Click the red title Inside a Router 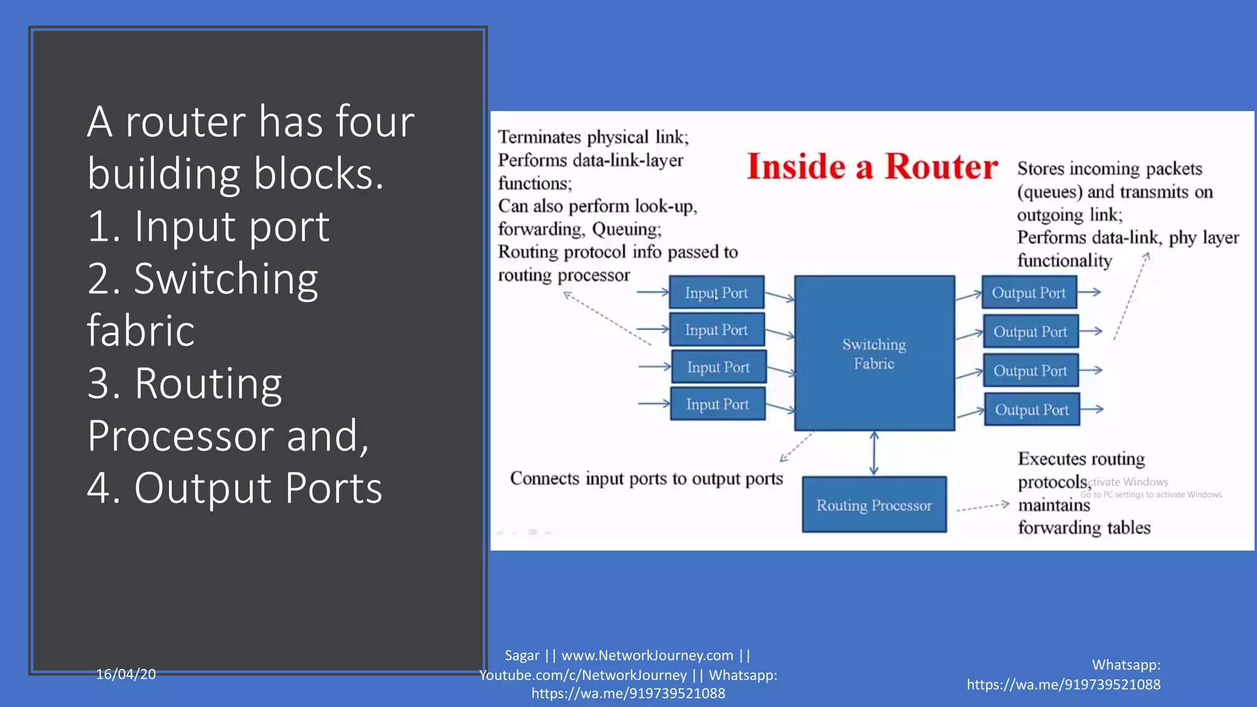pos(872,167)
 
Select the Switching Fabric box pos(874,353)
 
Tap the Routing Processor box pos(874,505)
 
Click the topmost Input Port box pos(716,293)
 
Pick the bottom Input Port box pos(717,404)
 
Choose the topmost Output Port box pos(1029,293)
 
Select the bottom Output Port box pos(1032,409)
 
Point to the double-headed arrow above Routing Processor pos(874,454)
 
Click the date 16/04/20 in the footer pos(126,674)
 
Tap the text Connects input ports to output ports pos(646,479)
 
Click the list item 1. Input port pos(208,226)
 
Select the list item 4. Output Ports pos(234,488)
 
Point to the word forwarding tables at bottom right pos(1084,528)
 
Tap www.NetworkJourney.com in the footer pos(647,655)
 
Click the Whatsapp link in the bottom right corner pos(1063,684)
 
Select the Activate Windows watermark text pos(1128,482)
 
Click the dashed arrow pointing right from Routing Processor pos(982,507)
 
